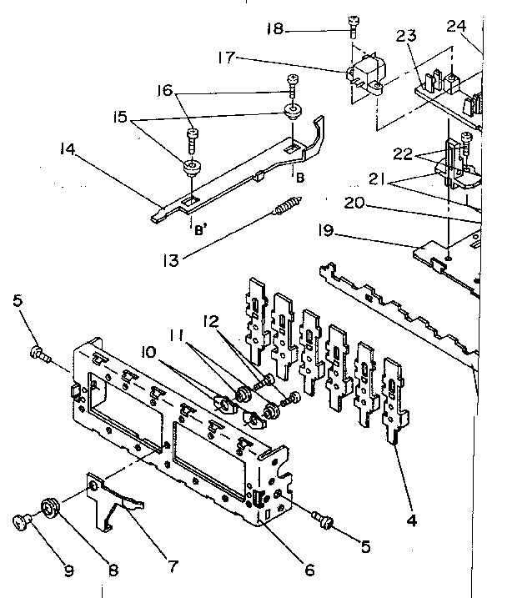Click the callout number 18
point(274,29)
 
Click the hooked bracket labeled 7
point(116,501)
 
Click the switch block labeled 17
point(364,73)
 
